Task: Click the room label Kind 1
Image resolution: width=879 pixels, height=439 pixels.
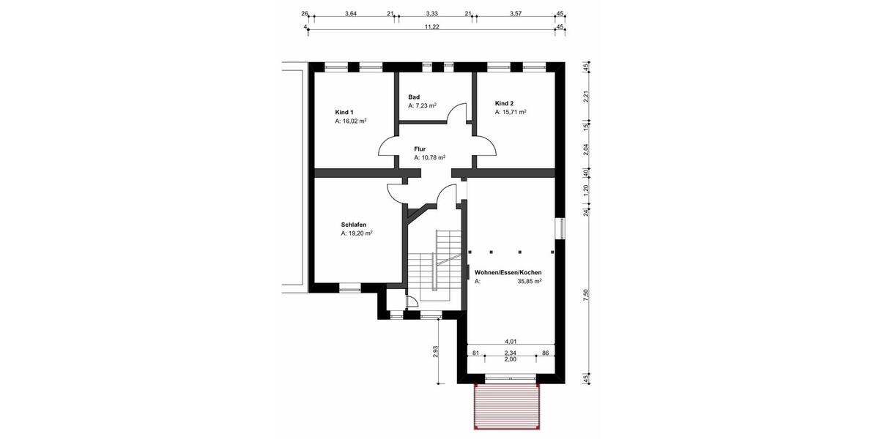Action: [344, 112]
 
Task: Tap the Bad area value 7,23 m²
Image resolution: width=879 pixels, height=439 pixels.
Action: [422, 105]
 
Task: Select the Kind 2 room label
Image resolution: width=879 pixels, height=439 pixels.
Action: [505, 103]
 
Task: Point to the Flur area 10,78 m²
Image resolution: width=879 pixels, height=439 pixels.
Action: [429, 157]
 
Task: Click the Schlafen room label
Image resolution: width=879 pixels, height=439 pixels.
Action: [353, 225]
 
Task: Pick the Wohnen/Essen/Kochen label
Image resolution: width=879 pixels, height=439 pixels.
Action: [508, 272]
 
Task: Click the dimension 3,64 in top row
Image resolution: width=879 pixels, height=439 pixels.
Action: [350, 14]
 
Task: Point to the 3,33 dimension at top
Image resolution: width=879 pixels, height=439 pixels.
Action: [431, 14]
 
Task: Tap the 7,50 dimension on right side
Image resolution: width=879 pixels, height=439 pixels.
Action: [585, 293]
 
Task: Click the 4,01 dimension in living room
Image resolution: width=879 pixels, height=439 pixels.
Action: [511, 341]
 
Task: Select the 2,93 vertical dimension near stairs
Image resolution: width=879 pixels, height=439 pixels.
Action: [435, 352]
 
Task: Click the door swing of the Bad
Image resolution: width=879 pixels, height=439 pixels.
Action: [457, 113]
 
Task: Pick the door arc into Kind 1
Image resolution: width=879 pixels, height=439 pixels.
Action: [387, 146]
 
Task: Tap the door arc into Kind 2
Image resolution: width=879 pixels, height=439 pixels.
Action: [487, 146]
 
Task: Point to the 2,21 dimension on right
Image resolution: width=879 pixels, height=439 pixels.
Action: [585, 96]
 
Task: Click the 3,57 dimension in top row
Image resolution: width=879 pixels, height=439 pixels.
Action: [516, 14]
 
